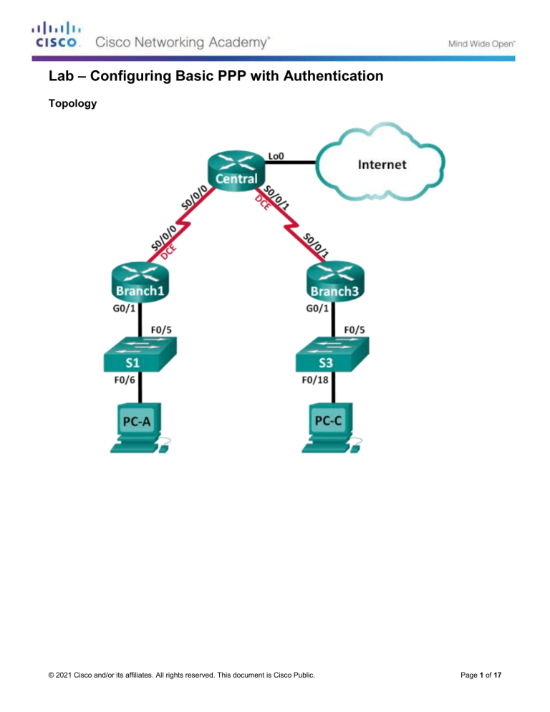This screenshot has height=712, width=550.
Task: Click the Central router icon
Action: [236, 172]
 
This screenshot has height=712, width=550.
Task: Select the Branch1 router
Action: [140, 282]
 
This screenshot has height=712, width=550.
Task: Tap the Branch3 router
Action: [335, 282]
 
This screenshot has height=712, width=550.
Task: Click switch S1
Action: [140, 355]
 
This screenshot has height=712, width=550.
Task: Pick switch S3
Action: [332, 355]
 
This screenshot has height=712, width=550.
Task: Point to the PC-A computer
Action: [140, 428]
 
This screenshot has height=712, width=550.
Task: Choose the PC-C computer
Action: [332, 428]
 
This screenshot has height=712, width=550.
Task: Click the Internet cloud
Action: [380, 162]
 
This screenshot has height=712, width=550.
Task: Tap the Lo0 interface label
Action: [276, 156]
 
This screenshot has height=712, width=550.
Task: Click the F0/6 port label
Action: [125, 380]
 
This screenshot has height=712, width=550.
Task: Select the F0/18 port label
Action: [314, 380]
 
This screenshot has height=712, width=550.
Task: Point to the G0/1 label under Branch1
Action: [124, 309]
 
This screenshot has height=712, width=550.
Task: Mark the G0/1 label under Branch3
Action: [317, 309]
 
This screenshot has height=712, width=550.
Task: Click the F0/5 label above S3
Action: [354, 330]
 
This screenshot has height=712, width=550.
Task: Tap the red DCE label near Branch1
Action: [168, 252]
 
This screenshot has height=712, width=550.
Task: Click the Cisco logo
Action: [57, 34]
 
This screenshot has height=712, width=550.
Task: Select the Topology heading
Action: [72, 104]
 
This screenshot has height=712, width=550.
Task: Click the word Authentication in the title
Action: [333, 76]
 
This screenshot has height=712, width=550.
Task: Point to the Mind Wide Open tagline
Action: [482, 44]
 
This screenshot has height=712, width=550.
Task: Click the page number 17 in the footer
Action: [498, 675]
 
